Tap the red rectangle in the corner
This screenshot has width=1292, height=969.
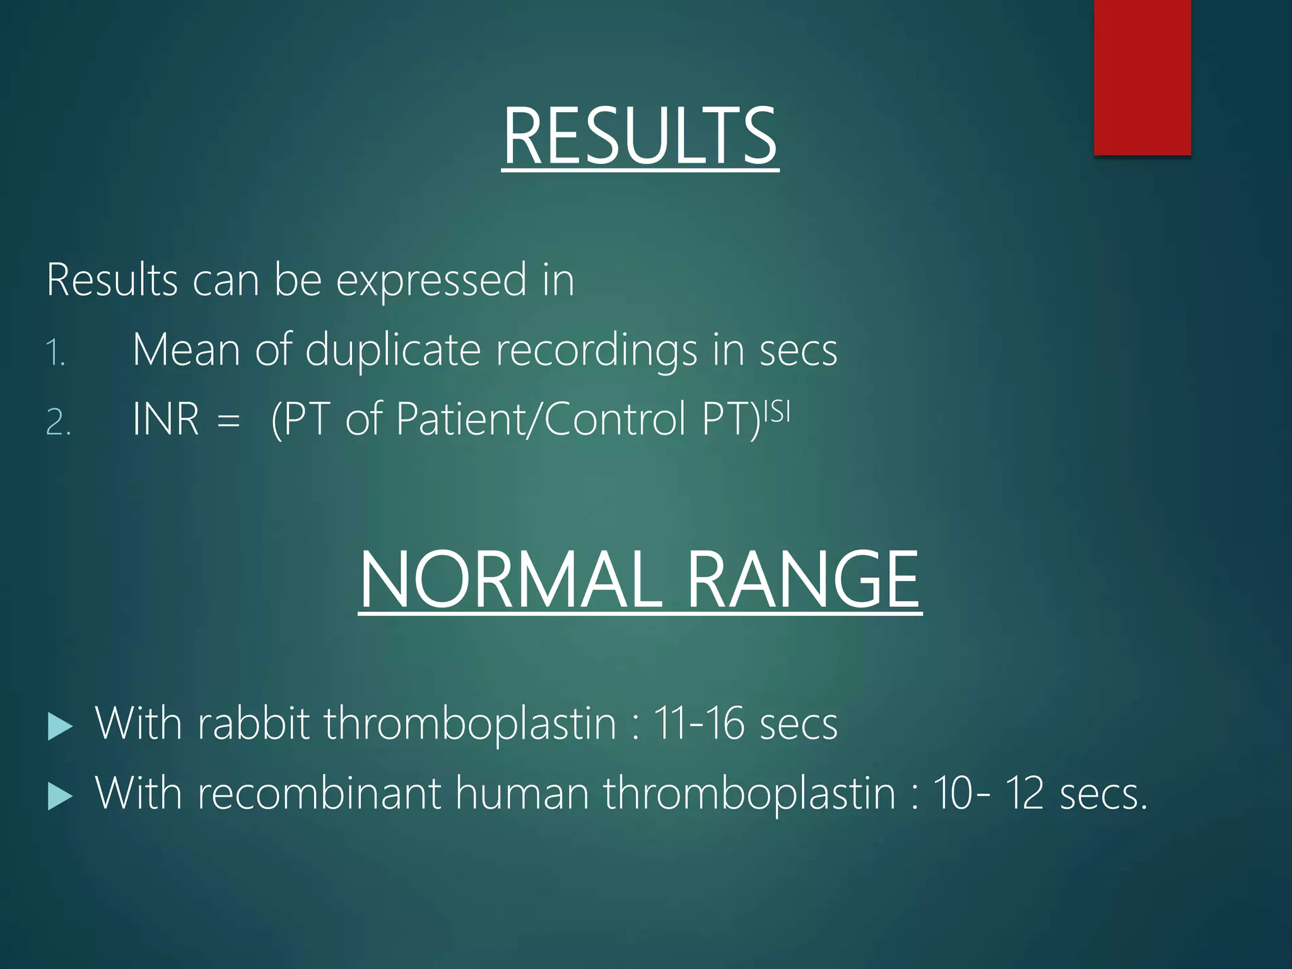tap(1142, 77)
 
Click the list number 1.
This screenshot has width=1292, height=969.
tap(56, 353)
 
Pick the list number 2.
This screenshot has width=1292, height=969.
tap(57, 422)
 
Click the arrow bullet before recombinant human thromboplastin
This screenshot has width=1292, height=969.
tap(60, 796)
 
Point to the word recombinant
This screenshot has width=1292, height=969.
tap(319, 792)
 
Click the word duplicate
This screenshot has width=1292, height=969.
tap(392, 350)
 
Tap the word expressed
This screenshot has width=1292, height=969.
tap(431, 281)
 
